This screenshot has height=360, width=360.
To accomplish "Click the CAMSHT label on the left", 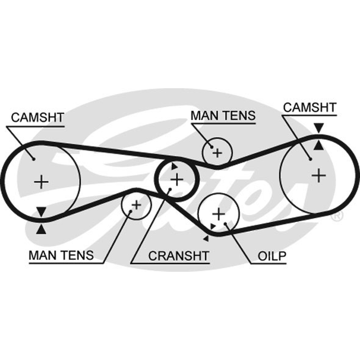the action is coord(37,117).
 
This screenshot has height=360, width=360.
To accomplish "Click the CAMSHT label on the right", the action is coord(310,108).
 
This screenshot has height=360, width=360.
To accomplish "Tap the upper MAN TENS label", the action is coord(223,115).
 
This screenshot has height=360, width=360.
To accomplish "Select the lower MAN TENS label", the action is coord(61,255).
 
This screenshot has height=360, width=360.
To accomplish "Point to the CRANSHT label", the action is coord(179,256).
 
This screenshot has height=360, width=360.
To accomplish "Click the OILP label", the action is coord(272,256).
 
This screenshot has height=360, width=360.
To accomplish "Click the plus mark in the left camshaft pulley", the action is coord(41,182).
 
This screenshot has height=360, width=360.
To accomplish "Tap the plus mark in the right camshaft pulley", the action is coord(319,175).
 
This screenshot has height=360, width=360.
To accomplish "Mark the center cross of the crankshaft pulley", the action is coord(177,180).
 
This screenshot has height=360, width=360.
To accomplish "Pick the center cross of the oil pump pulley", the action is coord(219,214).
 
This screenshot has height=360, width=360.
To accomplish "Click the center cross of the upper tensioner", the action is coord(217,153).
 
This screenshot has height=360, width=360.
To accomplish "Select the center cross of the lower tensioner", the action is coord(136,205).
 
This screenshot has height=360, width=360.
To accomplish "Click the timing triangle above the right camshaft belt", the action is coord(319,128).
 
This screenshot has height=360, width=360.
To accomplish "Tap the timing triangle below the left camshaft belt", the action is coord(41,229).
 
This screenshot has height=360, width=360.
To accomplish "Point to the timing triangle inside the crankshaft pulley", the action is coord(174,166).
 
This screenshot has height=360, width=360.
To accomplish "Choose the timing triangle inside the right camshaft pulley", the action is coord(319,145).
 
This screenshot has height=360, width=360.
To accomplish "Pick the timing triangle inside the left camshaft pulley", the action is coord(41,212).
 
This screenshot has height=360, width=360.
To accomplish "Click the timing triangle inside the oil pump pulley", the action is coord(213,226).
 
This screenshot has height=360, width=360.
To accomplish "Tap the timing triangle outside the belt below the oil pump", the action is coord(206,239).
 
